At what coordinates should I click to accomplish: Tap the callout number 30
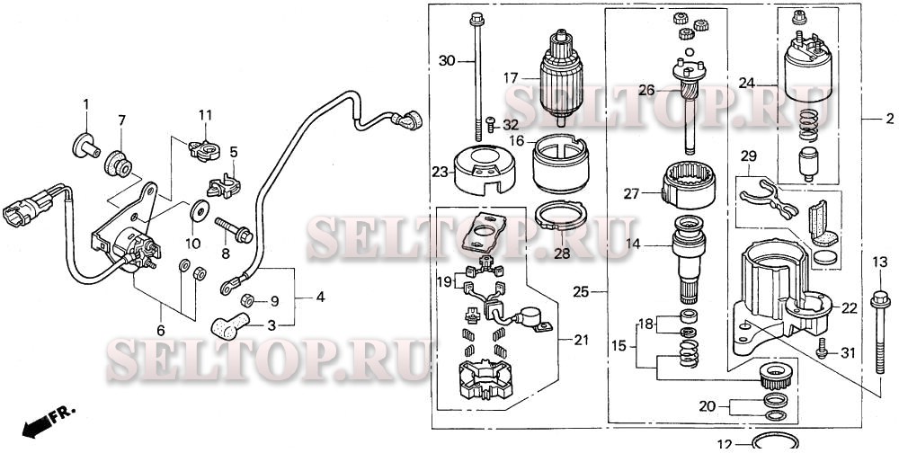(x=448, y=60)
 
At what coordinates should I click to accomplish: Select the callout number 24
(x=747, y=83)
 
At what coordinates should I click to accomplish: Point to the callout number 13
(x=878, y=262)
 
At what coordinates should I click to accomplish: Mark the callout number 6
(x=161, y=331)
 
